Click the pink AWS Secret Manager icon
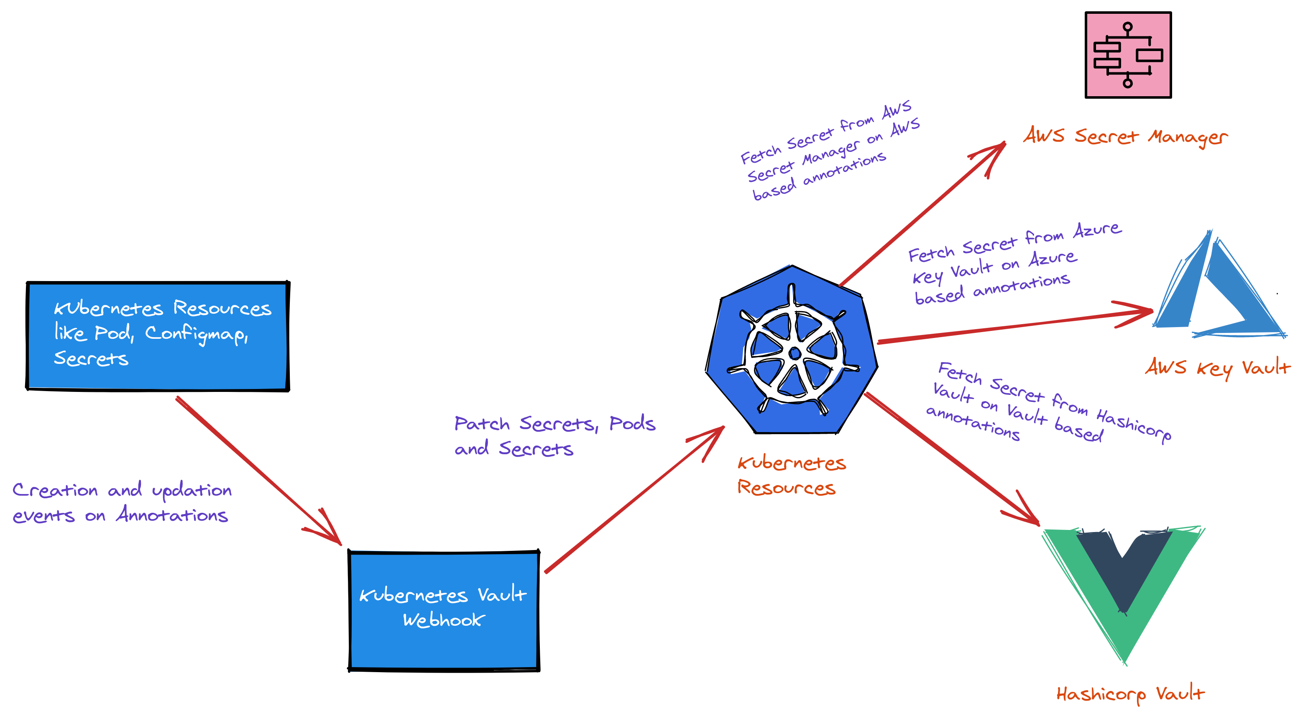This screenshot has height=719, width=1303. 1127,55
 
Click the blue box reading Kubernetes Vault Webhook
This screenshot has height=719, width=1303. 444,610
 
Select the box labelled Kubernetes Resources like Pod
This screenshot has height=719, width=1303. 158,336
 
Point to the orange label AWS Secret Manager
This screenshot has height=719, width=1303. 1125,137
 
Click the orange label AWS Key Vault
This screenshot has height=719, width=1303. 1217,367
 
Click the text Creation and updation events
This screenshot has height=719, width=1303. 121,502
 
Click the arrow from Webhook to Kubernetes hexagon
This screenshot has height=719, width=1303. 632,501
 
